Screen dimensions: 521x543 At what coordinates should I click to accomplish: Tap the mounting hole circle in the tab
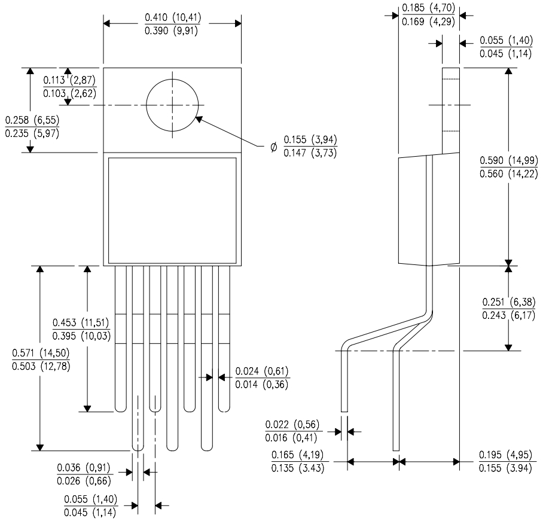pyautogui.click(x=172, y=105)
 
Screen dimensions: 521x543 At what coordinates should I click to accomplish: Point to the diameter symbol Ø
pyautogui.click(x=274, y=146)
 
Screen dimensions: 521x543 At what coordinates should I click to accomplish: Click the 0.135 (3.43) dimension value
pyautogui.click(x=298, y=468)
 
